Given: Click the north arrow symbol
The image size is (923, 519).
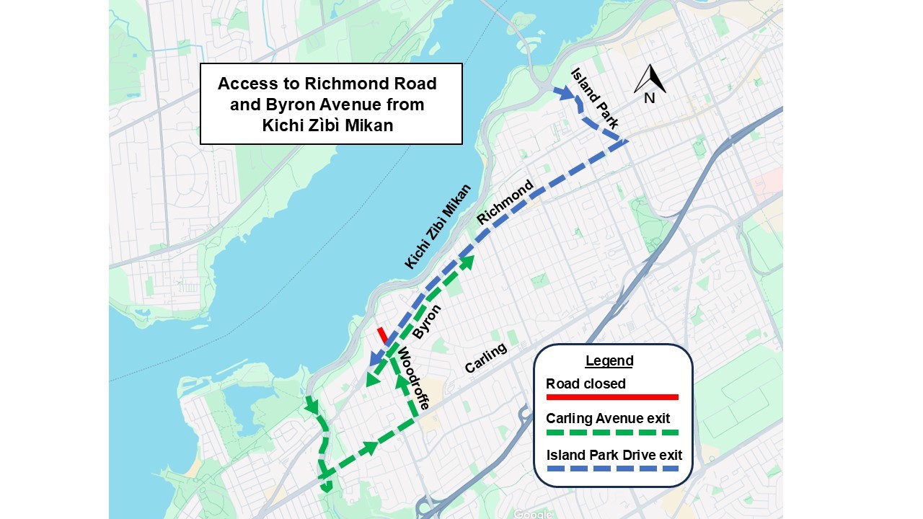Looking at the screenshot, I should [x=650, y=78].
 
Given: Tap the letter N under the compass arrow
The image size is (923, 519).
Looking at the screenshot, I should [x=650, y=98].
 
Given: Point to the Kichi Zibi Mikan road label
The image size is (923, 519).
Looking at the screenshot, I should [x=438, y=226].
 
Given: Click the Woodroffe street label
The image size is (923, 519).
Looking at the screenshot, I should [x=413, y=378].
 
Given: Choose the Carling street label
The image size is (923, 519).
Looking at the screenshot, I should [x=485, y=358].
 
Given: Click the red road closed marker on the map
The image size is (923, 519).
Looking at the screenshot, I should [x=382, y=335].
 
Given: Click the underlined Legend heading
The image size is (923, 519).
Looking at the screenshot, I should [x=609, y=361].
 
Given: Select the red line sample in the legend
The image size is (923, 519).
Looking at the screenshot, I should [x=612, y=397].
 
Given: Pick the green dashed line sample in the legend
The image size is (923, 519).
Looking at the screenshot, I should [x=612, y=432].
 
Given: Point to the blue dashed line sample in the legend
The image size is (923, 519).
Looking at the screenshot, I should [x=612, y=469].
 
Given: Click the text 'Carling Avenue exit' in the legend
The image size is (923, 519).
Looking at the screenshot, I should [x=608, y=419].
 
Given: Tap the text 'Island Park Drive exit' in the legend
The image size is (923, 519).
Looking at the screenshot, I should [x=614, y=455].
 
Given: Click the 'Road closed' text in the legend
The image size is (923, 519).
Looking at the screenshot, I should [x=586, y=383].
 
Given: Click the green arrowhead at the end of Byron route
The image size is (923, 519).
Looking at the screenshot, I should [x=468, y=260].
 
